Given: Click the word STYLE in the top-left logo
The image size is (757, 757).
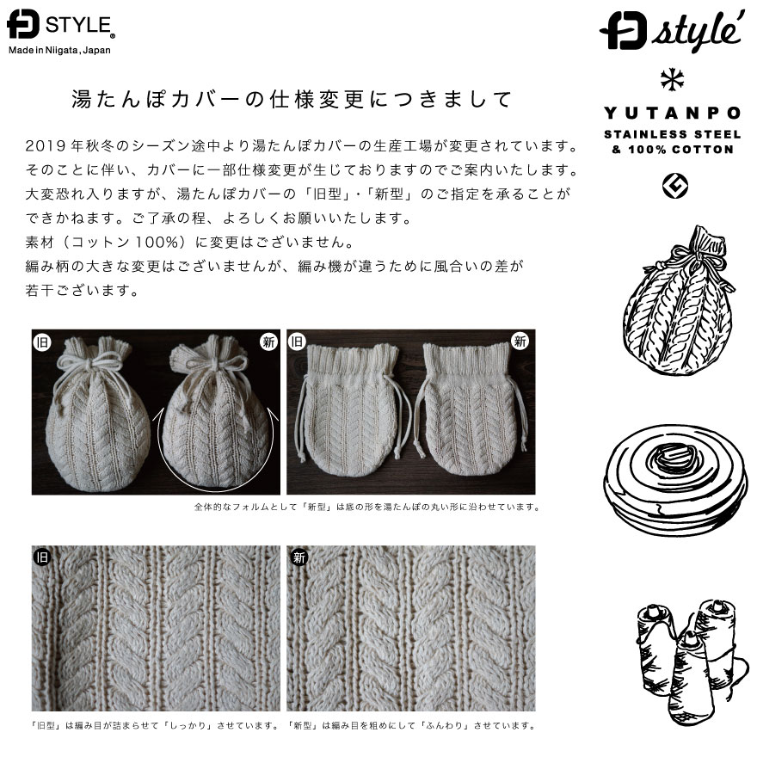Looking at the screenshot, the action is click(x=79, y=25).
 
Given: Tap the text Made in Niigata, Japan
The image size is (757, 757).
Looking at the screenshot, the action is click(x=59, y=50).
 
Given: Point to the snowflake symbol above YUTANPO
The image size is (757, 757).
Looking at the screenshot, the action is click(x=672, y=80).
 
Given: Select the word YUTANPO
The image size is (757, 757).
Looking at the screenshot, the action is click(x=673, y=114).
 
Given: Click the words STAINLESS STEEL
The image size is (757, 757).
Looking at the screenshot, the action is click(x=673, y=134).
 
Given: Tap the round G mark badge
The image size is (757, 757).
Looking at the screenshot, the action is click(x=675, y=187).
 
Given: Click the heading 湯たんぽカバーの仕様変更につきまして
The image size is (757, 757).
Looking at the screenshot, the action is click(x=292, y=100).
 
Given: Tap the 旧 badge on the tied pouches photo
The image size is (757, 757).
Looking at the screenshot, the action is click(x=42, y=342).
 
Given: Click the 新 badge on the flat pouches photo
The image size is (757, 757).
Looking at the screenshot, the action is click(x=520, y=342).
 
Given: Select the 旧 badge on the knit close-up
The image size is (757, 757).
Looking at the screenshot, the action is click(x=42, y=557).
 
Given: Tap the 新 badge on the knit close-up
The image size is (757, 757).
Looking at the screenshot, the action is click(x=299, y=557).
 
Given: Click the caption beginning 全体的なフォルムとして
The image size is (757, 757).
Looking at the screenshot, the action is click(x=367, y=507).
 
